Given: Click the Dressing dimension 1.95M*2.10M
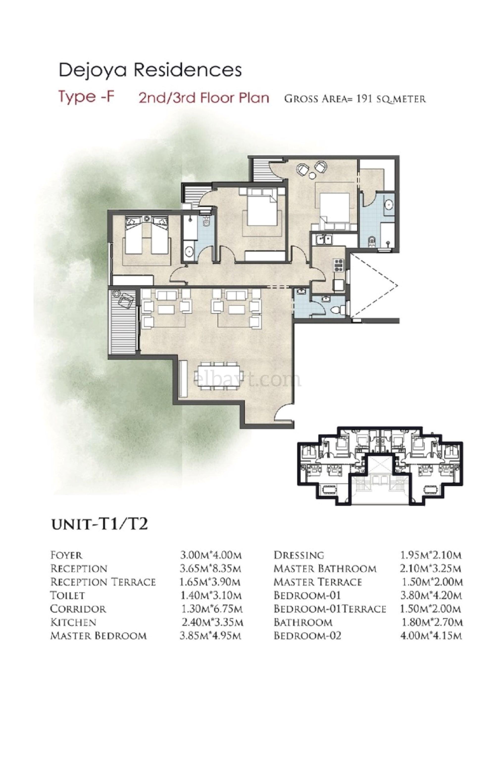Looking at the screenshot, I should click(430, 555).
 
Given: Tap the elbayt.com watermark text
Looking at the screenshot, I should click(248, 380).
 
